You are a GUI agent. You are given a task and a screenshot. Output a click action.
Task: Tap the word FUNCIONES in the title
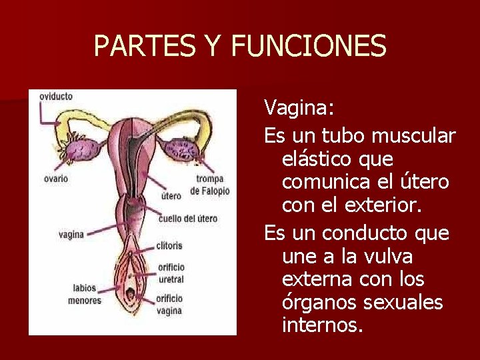click(308, 47)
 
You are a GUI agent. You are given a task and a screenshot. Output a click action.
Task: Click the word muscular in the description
click(413, 136)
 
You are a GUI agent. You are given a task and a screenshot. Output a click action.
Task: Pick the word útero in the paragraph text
click(423, 182)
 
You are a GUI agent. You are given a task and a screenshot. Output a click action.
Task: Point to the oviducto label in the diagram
click(56, 97)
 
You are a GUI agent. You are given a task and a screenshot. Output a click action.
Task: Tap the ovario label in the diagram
click(55, 179)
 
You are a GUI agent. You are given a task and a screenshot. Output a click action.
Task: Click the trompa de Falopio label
click(209, 185)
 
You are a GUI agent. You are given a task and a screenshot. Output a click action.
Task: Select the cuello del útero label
click(187, 219)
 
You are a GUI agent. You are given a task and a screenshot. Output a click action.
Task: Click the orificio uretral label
click(171, 273)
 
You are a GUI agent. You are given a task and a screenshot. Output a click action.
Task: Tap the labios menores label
click(85, 295)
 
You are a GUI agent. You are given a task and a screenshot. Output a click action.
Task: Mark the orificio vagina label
click(169, 305)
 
